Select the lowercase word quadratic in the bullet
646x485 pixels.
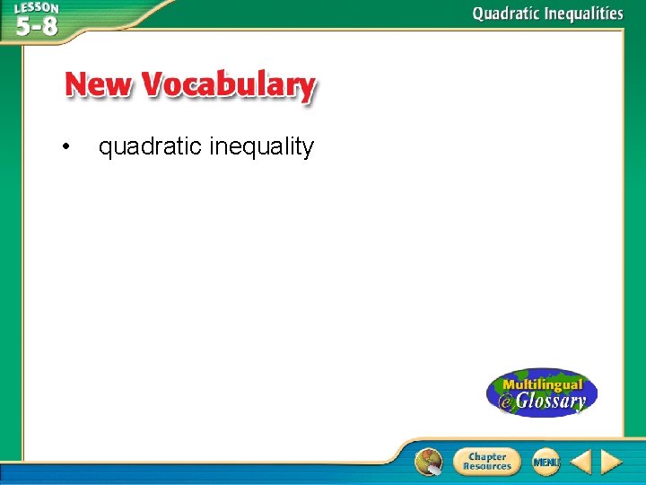point(150,147)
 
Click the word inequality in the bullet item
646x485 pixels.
point(262,147)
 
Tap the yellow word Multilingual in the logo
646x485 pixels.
point(544,384)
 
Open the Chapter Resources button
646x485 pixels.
point(485,462)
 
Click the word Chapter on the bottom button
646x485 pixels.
point(487,456)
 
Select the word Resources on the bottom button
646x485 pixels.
point(487,467)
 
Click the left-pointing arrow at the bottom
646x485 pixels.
point(581,462)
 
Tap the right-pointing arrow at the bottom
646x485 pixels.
point(611,462)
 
